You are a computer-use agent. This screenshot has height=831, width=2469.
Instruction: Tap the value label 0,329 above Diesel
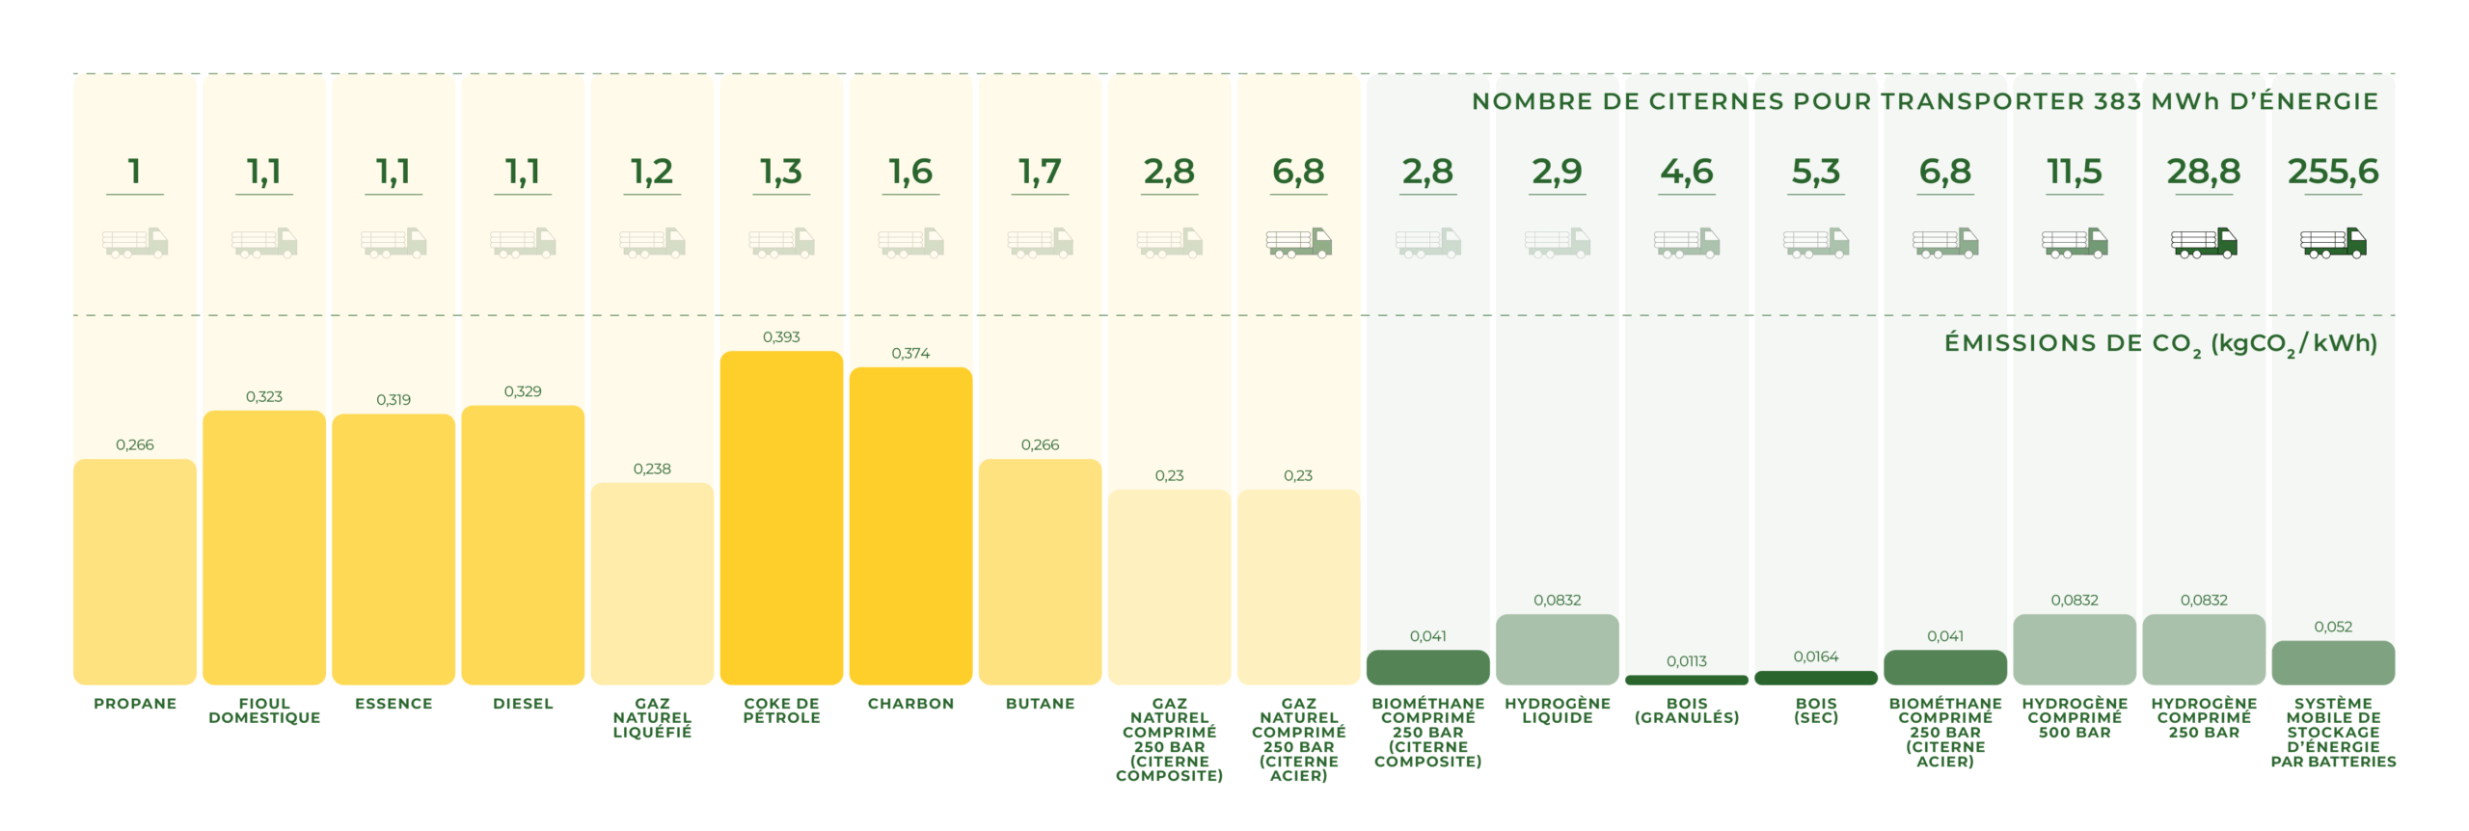pos(523,391)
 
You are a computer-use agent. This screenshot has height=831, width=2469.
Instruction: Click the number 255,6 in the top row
pos(2332,172)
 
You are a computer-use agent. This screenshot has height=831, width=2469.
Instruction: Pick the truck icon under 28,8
pos(2203,242)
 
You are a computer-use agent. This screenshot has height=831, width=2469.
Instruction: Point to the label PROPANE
pos(135,704)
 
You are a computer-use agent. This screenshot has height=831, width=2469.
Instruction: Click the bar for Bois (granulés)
pos(1686,680)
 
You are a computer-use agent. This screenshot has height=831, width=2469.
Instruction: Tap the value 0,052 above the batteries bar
pos(2332,627)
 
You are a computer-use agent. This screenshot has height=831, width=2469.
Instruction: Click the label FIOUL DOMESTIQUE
pos(264,710)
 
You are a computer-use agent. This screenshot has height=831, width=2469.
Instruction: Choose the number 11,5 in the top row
pos(2074,172)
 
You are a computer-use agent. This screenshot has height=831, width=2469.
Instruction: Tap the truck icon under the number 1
pos(135,242)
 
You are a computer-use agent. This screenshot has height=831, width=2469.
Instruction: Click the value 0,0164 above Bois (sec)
pos(1815,657)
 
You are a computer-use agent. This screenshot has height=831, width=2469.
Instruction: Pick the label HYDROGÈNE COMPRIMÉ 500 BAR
pos(2074,717)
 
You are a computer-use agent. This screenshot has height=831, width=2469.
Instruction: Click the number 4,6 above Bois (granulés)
pos(1686,172)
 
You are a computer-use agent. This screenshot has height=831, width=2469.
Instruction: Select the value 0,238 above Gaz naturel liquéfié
pos(652,469)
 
